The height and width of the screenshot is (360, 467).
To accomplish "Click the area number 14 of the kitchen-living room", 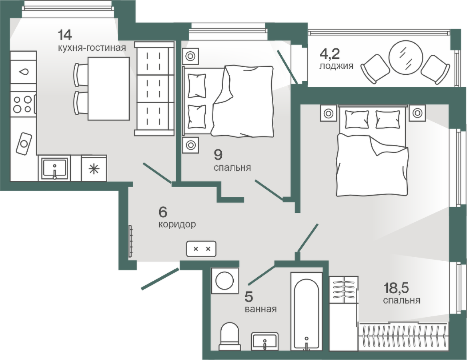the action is [x=65, y=35].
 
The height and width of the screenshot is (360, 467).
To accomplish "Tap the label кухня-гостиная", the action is [x=92, y=48].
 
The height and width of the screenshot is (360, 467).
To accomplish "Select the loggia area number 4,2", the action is [x=329, y=54].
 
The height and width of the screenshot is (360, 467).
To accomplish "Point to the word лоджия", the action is [x=336, y=66].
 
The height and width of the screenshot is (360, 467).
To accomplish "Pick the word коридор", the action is [x=177, y=224].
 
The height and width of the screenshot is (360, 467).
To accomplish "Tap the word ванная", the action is [x=261, y=309].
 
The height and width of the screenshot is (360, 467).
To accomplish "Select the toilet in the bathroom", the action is [x=229, y=336].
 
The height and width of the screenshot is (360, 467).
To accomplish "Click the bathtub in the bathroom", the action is [x=307, y=312].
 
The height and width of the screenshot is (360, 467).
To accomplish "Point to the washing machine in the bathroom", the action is [x=225, y=281].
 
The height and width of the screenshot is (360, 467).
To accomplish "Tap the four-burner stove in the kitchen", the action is [x=23, y=104].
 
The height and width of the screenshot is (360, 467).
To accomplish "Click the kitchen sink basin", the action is [x=54, y=169].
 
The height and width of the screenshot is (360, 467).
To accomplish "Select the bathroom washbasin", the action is [x=265, y=342].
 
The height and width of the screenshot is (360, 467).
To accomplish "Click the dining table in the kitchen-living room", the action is [x=108, y=89].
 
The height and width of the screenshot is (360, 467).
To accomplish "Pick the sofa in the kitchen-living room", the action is [x=154, y=89].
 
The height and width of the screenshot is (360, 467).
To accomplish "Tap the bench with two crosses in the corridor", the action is [x=201, y=249].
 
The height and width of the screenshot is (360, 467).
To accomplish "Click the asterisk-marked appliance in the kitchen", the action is [x=94, y=169].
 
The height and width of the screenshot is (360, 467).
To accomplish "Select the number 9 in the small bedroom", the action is [x=218, y=154].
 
